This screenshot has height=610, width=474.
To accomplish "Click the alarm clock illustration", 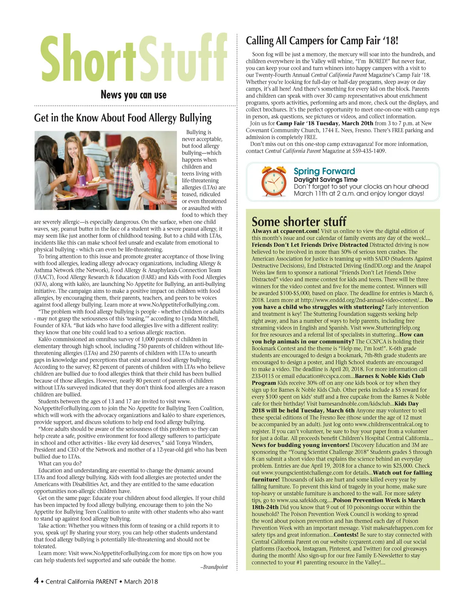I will (x=274, y=182).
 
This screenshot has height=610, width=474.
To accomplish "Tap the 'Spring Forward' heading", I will (x=324, y=171).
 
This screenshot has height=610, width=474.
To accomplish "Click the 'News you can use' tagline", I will (x=134, y=95).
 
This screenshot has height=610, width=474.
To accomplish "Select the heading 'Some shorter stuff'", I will (x=299, y=221).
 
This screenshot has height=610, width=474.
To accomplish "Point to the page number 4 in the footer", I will (x=36, y=581).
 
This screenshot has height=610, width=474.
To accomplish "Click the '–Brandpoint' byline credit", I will (x=214, y=567).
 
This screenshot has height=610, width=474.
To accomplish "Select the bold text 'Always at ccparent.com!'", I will (x=285, y=231).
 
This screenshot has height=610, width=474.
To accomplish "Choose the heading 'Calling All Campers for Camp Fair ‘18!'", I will (x=322, y=41).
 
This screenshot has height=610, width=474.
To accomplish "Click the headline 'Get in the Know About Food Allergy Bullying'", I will (x=123, y=118).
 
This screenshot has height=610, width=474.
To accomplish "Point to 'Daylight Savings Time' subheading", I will (x=325, y=179).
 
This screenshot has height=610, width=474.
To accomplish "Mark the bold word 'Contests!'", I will (x=346, y=535).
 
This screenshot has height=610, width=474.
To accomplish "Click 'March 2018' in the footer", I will (x=141, y=582).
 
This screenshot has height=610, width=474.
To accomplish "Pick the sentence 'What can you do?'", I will (x=60, y=463).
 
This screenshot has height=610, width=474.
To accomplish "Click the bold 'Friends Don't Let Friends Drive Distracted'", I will (x=310, y=245).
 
